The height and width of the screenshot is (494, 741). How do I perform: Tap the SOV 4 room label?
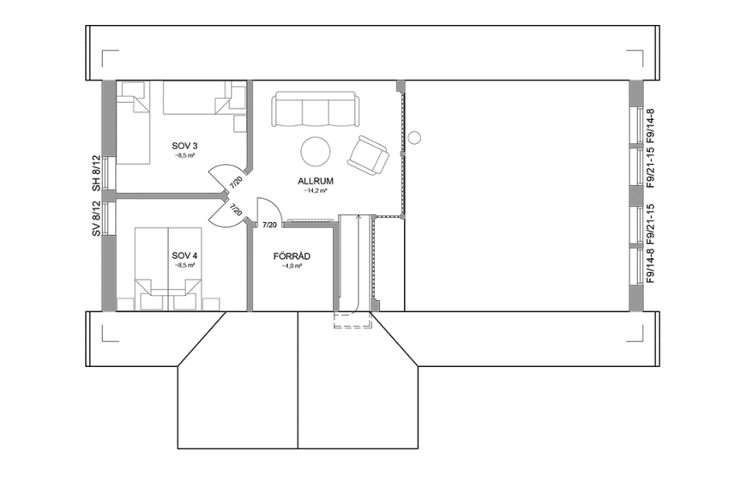[x=184, y=256]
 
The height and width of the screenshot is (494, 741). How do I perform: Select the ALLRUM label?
[x=315, y=181]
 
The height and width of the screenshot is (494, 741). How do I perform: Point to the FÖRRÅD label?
[x=291, y=256]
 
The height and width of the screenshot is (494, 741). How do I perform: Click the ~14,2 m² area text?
[x=315, y=191]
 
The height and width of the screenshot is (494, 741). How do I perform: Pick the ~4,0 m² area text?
[x=291, y=266]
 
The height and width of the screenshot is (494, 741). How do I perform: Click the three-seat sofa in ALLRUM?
[x=314, y=111]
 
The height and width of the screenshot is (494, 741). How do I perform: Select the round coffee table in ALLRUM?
[x=314, y=152]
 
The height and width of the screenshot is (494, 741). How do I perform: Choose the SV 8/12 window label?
[x=97, y=220]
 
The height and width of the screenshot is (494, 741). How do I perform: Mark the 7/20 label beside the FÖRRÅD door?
[x=269, y=225]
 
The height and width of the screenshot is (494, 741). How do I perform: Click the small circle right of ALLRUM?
[x=415, y=137]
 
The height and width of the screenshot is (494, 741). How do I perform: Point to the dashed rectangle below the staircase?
[x=352, y=321]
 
